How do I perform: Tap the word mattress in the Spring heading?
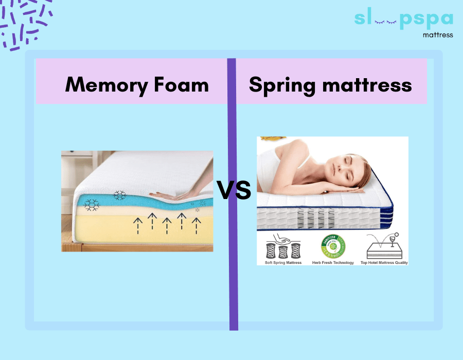(x=365, y=85)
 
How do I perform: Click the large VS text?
(x=234, y=191)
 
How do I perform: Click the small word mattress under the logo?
(x=437, y=35)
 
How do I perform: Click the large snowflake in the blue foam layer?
(x=92, y=204)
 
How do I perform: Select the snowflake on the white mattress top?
(x=119, y=195)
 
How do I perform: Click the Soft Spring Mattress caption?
(x=282, y=262)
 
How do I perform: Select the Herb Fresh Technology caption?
(x=333, y=262)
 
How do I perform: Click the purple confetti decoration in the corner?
(x=26, y=23)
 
